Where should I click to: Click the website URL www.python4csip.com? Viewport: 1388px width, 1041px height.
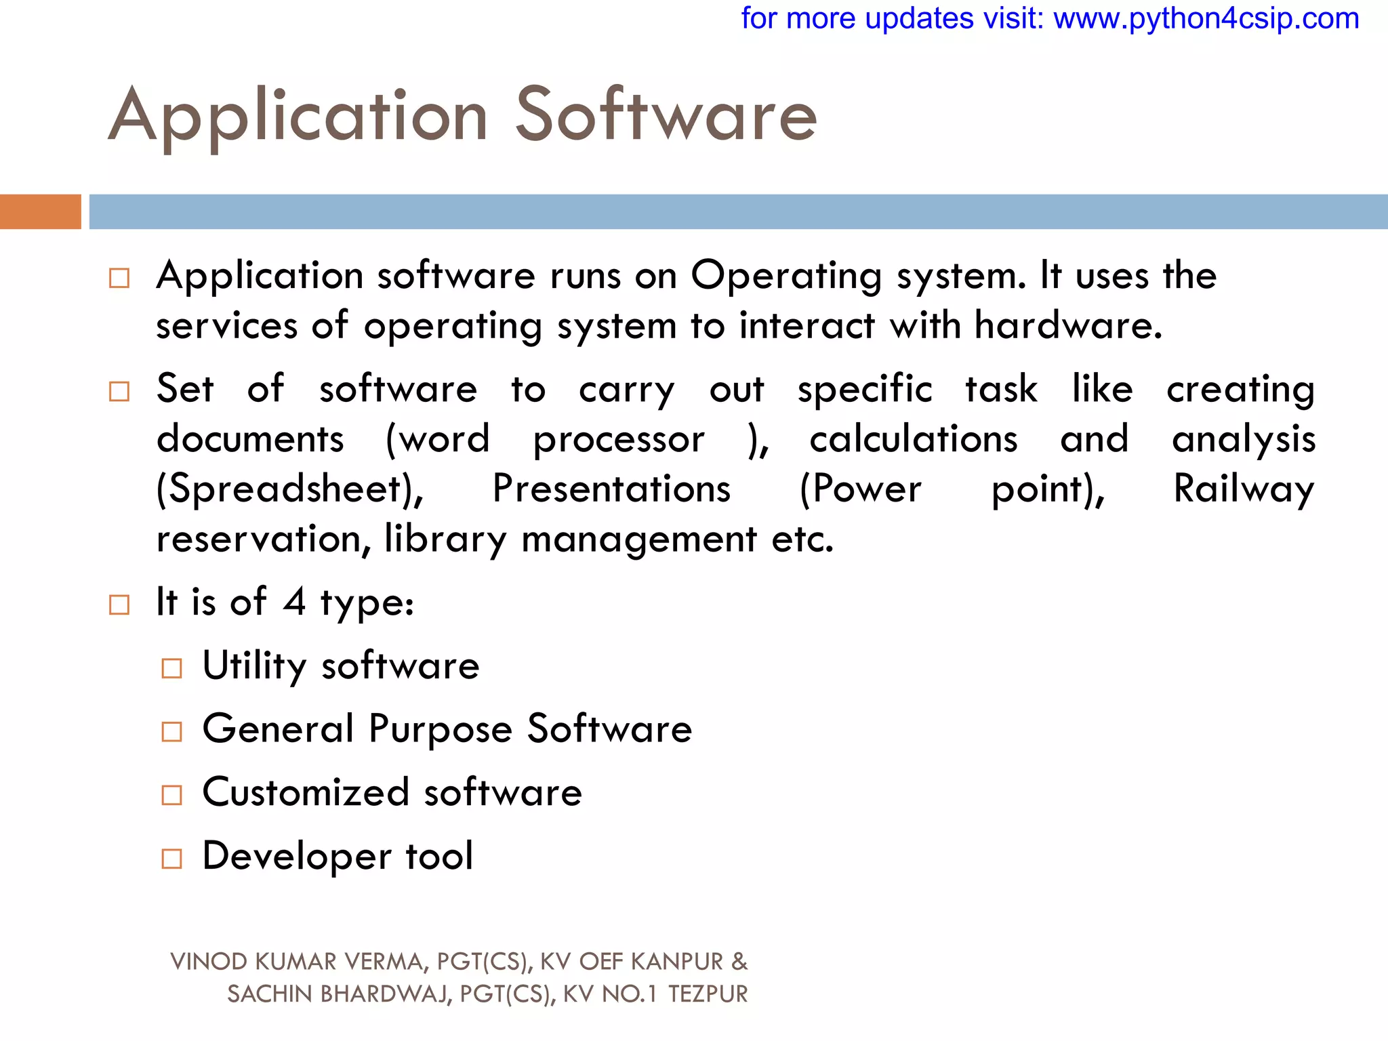[1206, 19]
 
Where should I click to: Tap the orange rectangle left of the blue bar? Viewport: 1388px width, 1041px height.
[40, 211]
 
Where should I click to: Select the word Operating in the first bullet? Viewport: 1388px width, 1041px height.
[786, 277]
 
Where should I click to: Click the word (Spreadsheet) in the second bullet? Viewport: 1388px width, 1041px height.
[290, 489]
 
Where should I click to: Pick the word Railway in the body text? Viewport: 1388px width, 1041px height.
[1244, 489]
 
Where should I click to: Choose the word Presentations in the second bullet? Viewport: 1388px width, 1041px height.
[611, 489]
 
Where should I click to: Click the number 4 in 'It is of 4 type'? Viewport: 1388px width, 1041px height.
[294, 602]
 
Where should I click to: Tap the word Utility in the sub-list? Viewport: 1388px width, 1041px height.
[254, 666]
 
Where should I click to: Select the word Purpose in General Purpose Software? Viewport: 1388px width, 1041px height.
[440, 730]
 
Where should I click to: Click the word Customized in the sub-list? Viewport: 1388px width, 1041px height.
[306, 792]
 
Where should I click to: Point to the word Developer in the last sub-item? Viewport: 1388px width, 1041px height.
[297, 856]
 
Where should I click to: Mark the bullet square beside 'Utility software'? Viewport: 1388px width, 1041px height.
[172, 669]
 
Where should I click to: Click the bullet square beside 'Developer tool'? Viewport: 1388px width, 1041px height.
[172, 859]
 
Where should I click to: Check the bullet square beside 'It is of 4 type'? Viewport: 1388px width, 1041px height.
[119, 605]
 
